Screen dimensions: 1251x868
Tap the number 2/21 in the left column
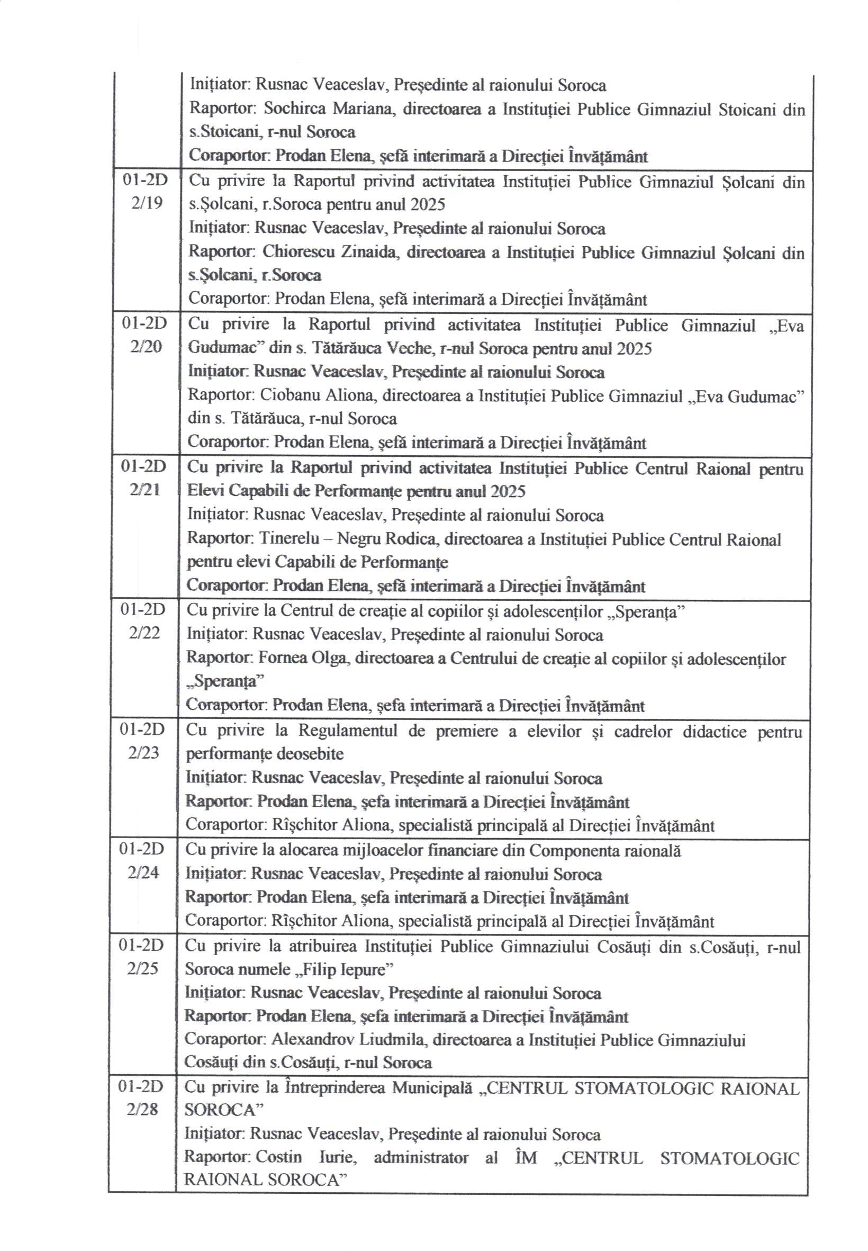[145, 490]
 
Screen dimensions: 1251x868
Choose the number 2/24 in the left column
[143, 872]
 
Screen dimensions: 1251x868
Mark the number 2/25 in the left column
[142, 969]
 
